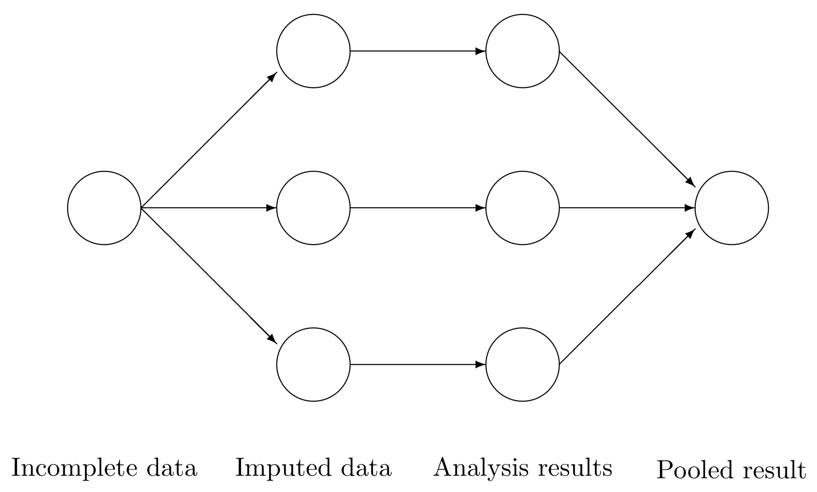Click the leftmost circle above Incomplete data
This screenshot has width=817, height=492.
pyautogui.click(x=104, y=208)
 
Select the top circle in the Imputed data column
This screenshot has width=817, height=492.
pyautogui.click(x=313, y=51)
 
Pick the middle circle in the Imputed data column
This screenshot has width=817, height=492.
pyautogui.click(x=313, y=208)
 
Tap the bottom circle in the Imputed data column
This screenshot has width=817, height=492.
pyautogui.click(x=313, y=364)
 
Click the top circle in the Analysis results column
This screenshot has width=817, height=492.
pyautogui.click(x=523, y=51)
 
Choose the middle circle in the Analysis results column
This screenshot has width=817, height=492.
pyautogui.click(x=523, y=208)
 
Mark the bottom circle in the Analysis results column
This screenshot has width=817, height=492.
pyautogui.click(x=523, y=364)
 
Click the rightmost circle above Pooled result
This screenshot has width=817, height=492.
pyautogui.click(x=732, y=208)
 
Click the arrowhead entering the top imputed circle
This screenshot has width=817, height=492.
pyautogui.click(x=272, y=76)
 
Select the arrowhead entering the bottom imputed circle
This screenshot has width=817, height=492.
pyautogui.click(x=272, y=339)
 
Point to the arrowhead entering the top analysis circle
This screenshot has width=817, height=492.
pyautogui.click(x=480, y=51)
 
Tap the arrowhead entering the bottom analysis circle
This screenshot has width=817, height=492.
pyautogui.click(x=480, y=364)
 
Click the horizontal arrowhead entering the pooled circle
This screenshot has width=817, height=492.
pyautogui.click(x=690, y=208)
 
